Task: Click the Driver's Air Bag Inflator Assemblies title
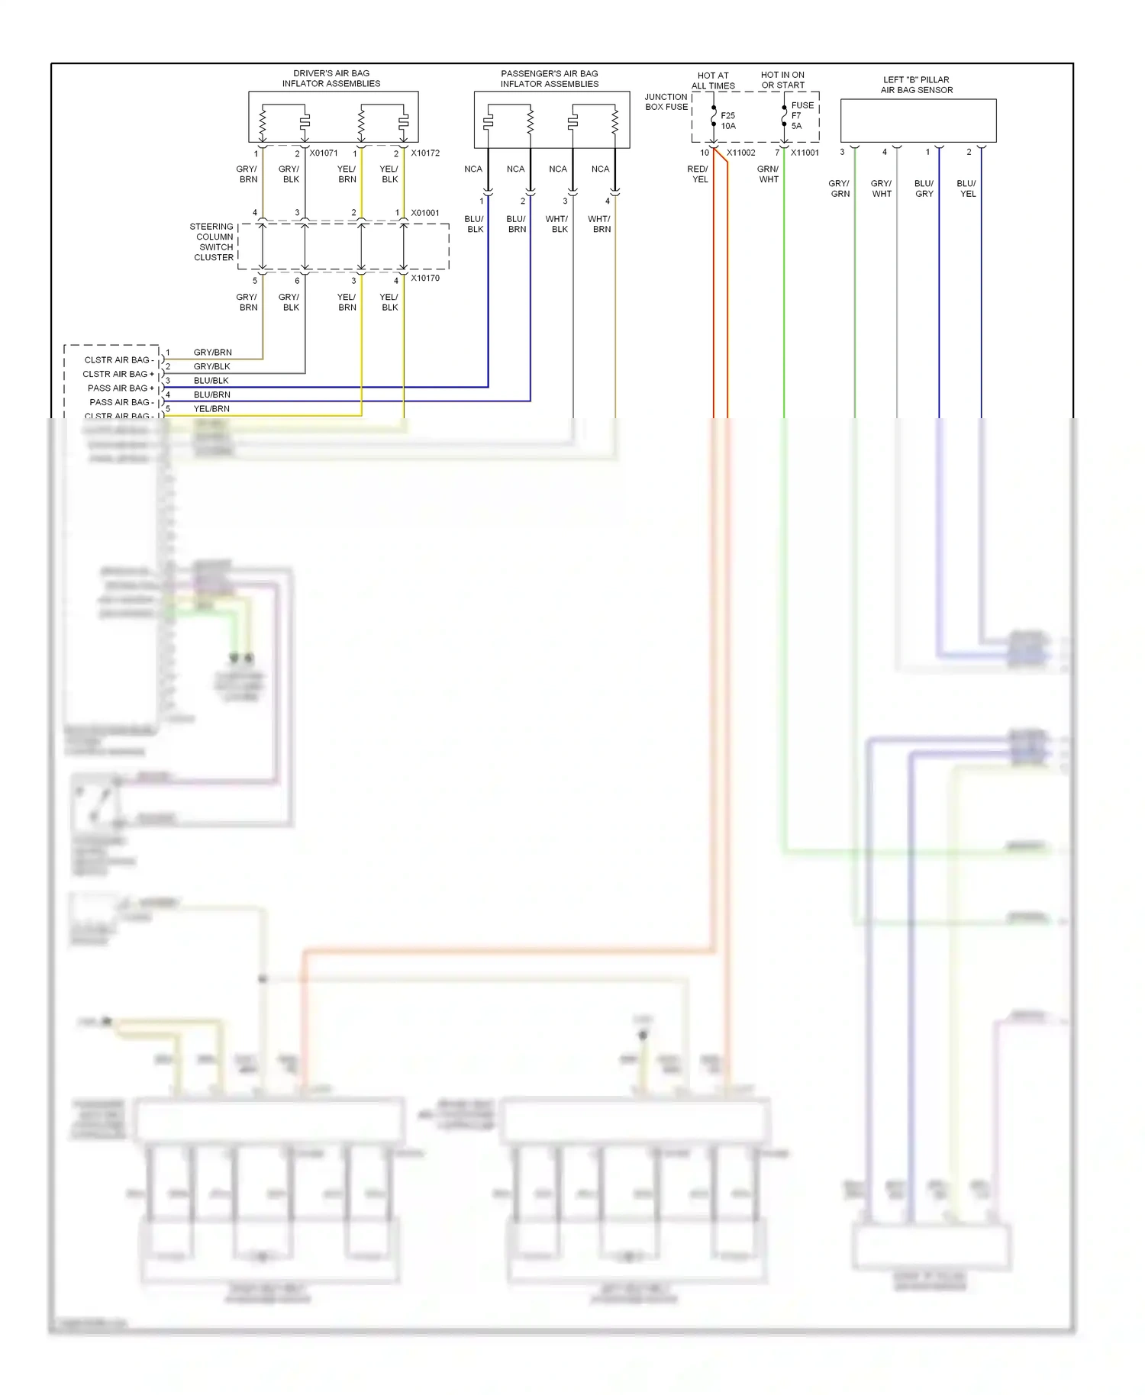[331, 79]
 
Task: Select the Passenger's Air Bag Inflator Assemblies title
[549, 79]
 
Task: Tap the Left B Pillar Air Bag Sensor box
[918, 120]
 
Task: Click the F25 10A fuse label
[727, 121]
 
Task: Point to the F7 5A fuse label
[796, 121]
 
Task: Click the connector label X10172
[425, 153]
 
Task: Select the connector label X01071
[324, 153]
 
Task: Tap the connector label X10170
[425, 278]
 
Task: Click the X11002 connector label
[740, 153]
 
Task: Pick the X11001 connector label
[805, 153]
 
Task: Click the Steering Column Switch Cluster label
[213, 242]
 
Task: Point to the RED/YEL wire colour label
[698, 174]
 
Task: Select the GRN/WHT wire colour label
[768, 174]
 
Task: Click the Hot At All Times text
[713, 81]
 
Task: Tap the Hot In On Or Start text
[782, 80]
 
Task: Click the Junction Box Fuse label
[666, 101]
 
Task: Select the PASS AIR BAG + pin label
[121, 388]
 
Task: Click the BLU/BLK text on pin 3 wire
[211, 380]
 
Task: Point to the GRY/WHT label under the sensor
[881, 188]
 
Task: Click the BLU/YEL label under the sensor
[966, 188]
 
